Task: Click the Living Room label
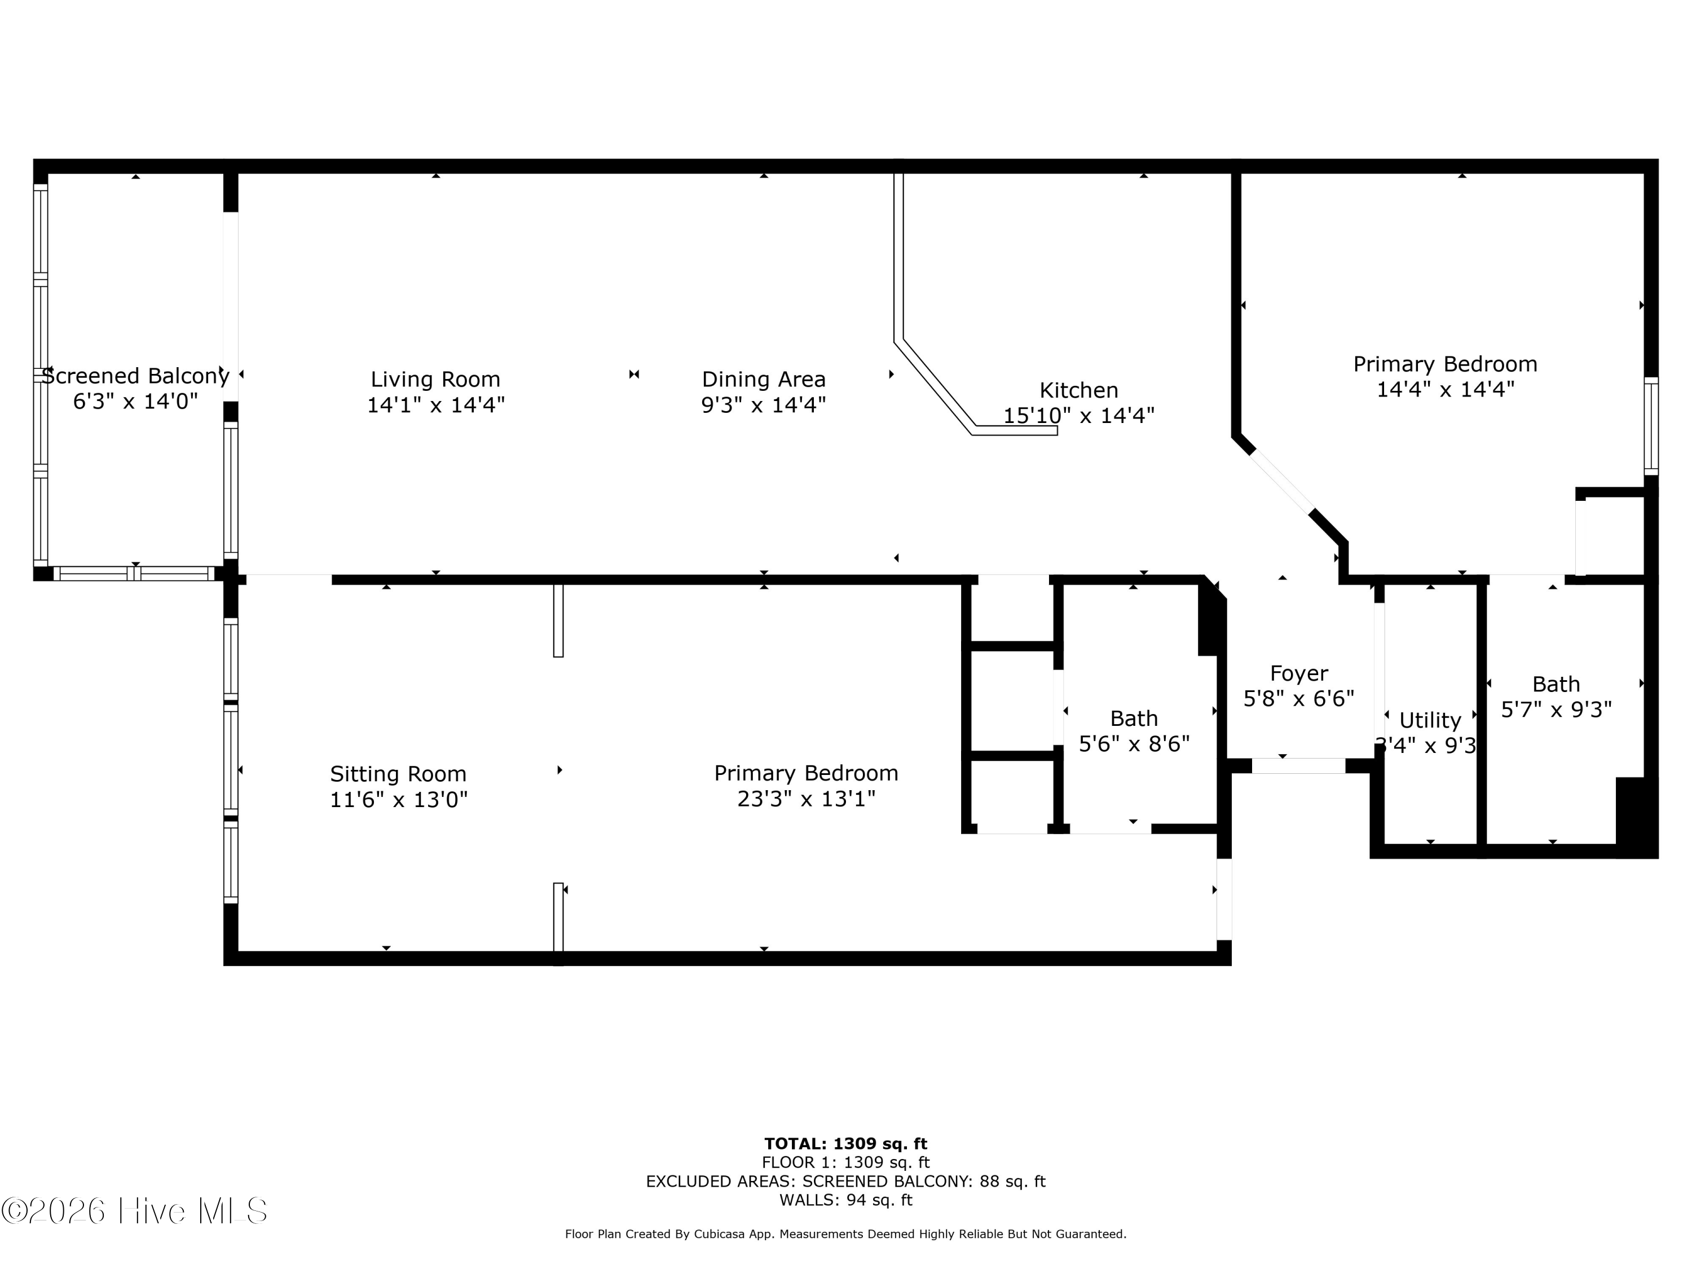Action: point(435,380)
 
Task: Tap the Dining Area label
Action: point(764,380)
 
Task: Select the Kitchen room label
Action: point(1078,390)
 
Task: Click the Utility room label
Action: point(1430,721)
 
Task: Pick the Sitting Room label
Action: point(398,774)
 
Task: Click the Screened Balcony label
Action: point(135,376)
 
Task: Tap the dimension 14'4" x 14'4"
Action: point(1445,389)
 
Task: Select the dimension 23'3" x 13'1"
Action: point(806,799)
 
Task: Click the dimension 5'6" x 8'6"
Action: point(1134,743)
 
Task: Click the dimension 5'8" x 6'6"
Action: point(1299,698)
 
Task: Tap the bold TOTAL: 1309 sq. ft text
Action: point(845,1144)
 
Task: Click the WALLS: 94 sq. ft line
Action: point(845,1200)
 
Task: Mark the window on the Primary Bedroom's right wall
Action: point(1651,426)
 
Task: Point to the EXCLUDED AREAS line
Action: point(845,1181)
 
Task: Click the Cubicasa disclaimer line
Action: point(845,1234)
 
